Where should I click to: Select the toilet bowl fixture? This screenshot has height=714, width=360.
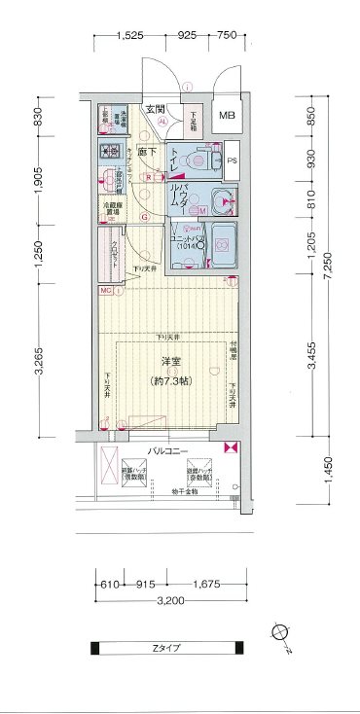[x=198, y=161]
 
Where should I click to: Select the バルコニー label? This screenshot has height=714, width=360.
[x=167, y=450]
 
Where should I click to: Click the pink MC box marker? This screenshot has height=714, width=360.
[x=104, y=290]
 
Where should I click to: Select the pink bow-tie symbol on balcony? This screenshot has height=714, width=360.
[x=230, y=448]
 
